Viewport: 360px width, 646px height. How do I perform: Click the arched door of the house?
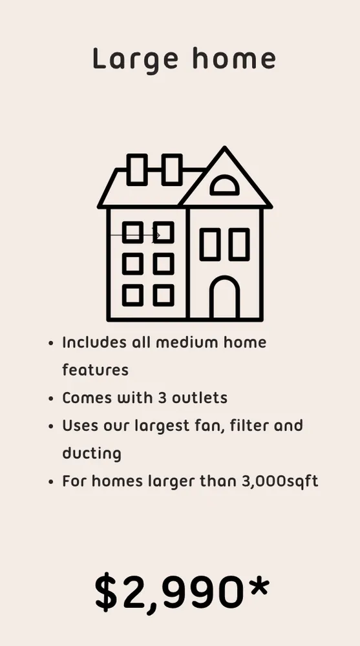[225, 298]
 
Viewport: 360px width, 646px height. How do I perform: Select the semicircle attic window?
[224, 185]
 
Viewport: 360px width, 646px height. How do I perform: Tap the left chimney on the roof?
[138, 169]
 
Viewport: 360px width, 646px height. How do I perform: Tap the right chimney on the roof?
[172, 169]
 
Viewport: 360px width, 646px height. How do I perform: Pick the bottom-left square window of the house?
[132, 295]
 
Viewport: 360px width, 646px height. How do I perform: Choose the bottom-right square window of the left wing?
[164, 295]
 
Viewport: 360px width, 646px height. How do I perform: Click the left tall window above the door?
[209, 244]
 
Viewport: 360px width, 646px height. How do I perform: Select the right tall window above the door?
[238, 244]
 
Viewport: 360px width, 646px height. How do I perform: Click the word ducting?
[91, 453]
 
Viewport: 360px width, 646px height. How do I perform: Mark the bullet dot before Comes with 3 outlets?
[50, 398]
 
